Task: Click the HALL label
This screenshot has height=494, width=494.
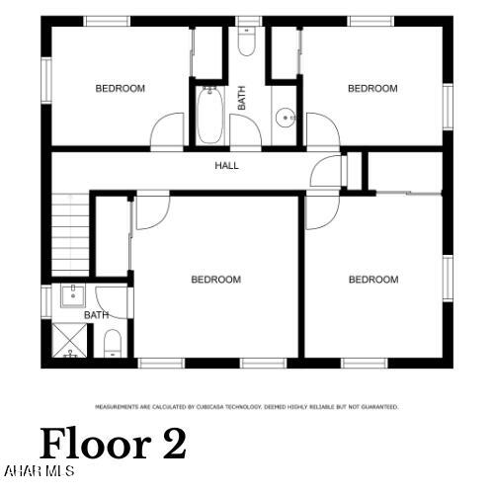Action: (227, 165)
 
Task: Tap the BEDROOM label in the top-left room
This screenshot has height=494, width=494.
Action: (120, 89)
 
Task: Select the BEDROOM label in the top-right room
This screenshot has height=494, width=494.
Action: (372, 89)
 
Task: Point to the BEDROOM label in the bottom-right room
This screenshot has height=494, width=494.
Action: (373, 280)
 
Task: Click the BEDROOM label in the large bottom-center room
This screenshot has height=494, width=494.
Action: (215, 280)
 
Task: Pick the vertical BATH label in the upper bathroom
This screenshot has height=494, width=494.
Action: (241, 98)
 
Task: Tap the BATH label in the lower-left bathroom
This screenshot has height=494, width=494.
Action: (96, 315)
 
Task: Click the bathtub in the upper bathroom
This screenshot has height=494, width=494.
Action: (208, 116)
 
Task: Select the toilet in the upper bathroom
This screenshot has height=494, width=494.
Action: (248, 41)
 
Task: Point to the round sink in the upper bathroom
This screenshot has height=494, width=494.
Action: (285, 120)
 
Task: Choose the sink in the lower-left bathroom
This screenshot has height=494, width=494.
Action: (72, 294)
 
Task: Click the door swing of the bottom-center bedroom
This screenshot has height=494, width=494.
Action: (151, 210)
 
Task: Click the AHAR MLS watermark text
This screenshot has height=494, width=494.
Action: (40, 470)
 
